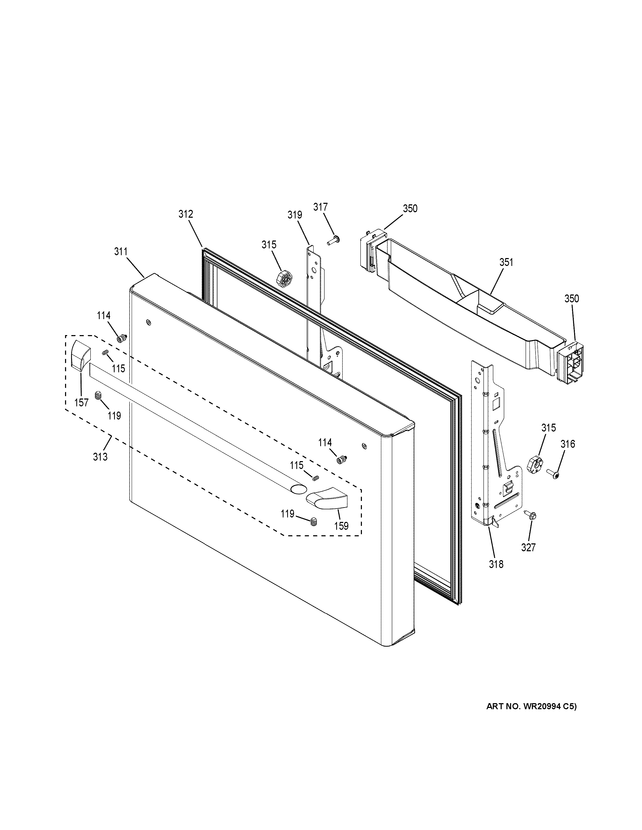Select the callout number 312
click(186, 214)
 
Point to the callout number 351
click(506, 262)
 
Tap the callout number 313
click(100, 456)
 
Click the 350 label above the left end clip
click(410, 208)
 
